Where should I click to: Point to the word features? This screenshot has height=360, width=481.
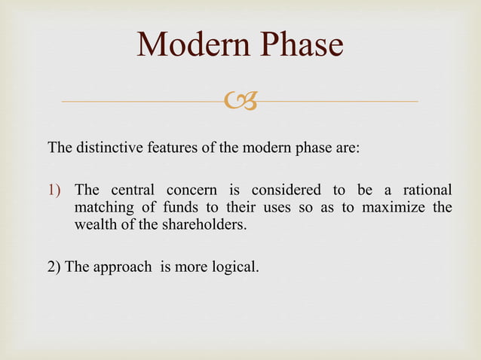[x=173, y=146]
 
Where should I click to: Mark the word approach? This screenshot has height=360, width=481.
[x=120, y=267]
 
